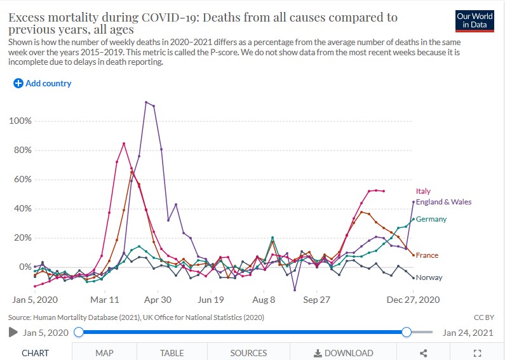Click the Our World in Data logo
coord(475,22)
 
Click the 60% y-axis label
coord(23,180)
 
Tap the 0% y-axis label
coord(25,267)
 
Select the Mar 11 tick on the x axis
coord(105,299)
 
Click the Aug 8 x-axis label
coord(264,299)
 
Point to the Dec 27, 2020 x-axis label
coord(414,299)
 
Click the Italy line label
coord(423,191)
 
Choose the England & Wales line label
coord(443,202)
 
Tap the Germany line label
coord(431,219)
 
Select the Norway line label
coord(429,277)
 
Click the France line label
coord(428,255)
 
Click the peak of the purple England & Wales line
coord(146,102)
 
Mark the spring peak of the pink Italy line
coord(124,143)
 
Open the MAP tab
coord(104,353)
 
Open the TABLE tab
coord(172,353)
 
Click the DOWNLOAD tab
coord(344,353)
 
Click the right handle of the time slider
coord(407,332)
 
